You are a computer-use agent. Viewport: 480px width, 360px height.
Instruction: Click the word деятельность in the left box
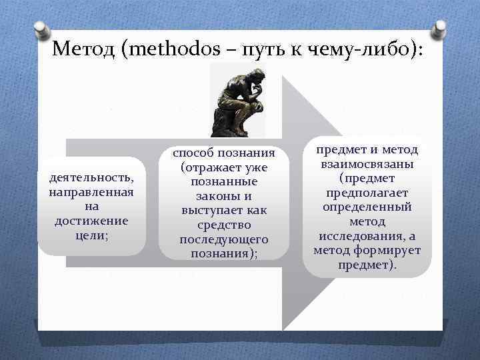click(x=91, y=178)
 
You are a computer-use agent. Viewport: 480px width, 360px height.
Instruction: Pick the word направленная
click(x=91, y=192)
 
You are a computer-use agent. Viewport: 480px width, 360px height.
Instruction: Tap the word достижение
click(x=91, y=221)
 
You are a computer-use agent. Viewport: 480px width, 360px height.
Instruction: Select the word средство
click(x=224, y=225)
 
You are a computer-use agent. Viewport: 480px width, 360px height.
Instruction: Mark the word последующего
click(x=224, y=239)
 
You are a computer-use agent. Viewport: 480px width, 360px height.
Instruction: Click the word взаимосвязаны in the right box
click(x=367, y=165)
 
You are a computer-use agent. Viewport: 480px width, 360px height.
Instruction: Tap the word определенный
click(x=367, y=207)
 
